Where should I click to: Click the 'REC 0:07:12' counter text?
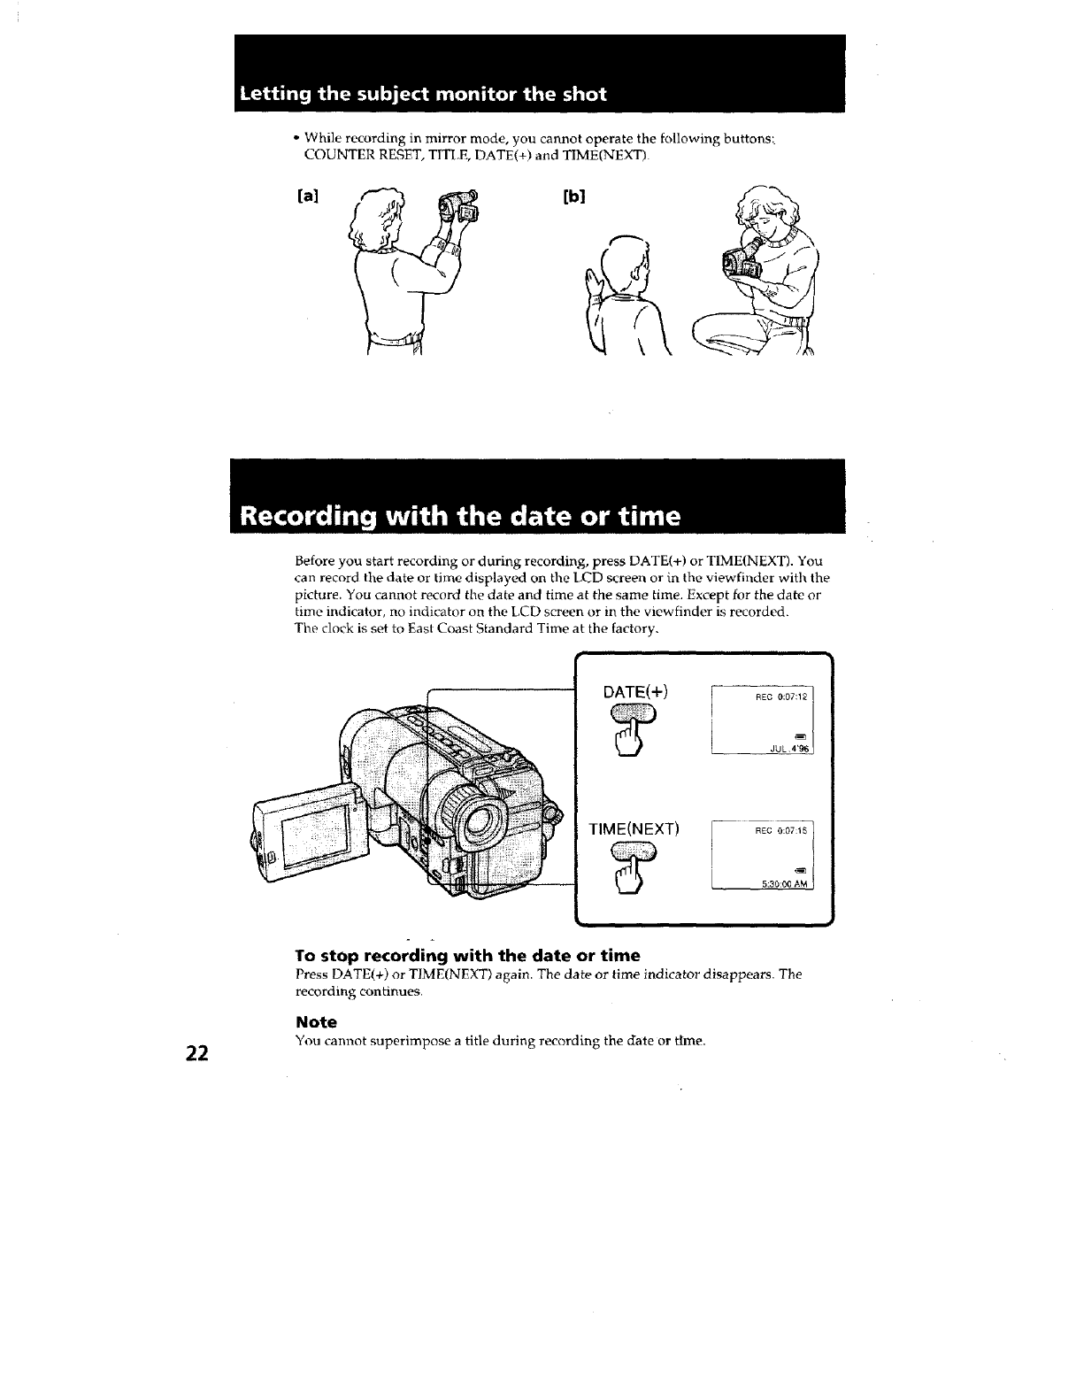(779, 697)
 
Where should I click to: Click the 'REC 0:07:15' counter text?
(779, 831)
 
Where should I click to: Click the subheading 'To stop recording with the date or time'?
(466, 956)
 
